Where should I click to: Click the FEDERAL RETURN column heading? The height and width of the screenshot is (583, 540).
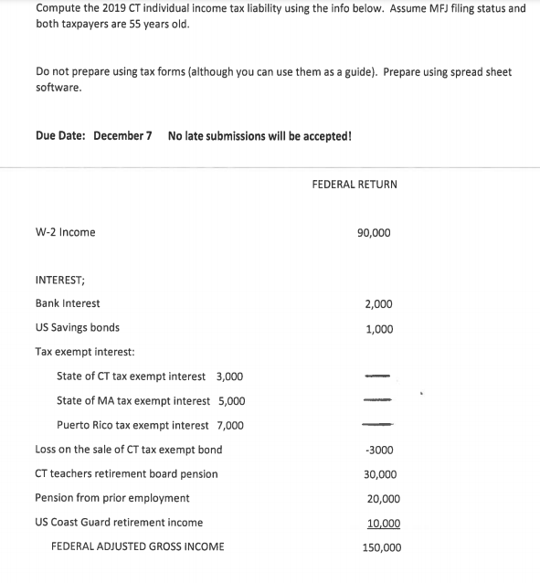pyautogui.click(x=355, y=184)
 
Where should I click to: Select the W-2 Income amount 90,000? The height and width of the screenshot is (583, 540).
pyautogui.click(x=374, y=232)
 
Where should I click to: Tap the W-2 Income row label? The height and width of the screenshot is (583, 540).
pyautogui.click(x=65, y=232)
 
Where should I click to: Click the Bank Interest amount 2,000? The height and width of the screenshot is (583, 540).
pyautogui.click(x=378, y=303)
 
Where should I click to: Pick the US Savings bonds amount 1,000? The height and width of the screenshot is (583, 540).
pyautogui.click(x=378, y=329)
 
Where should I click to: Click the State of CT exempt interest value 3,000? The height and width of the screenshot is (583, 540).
pyautogui.click(x=229, y=376)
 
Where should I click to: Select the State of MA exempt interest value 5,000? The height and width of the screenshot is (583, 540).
pyautogui.click(x=230, y=401)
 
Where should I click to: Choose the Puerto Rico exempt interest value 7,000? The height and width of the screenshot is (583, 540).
pyautogui.click(x=229, y=426)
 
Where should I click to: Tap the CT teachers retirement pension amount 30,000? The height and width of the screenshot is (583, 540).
pyautogui.click(x=380, y=474)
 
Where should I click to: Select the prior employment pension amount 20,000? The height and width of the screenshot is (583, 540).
pyautogui.click(x=383, y=499)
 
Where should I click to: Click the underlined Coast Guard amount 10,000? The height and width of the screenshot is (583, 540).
pyautogui.click(x=383, y=524)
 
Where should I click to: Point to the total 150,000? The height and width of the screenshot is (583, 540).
pyautogui.click(x=381, y=548)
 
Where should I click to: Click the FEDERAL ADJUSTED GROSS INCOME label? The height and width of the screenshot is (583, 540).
pyautogui.click(x=137, y=546)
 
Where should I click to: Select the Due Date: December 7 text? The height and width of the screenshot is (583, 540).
pyautogui.click(x=93, y=136)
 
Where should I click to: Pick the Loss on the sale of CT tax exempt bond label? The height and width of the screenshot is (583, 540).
pyautogui.click(x=128, y=450)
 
